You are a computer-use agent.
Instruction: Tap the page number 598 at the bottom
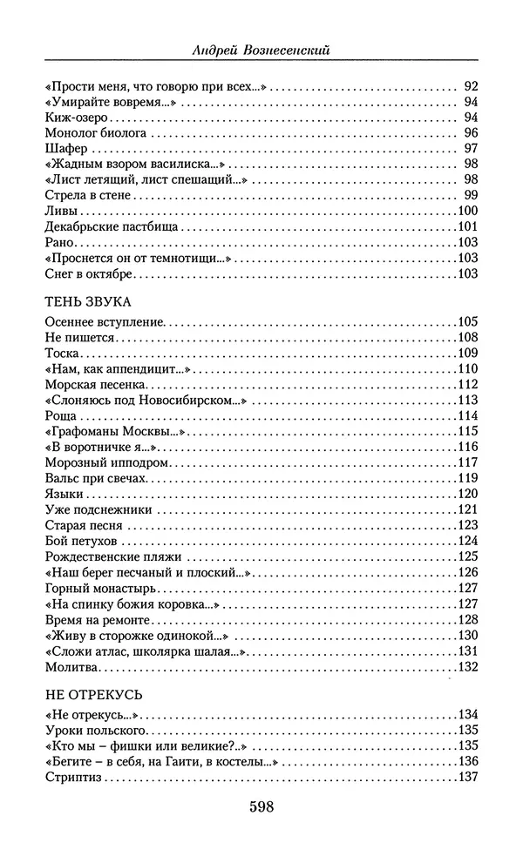[x=261, y=806]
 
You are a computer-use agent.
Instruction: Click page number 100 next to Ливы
[x=468, y=211]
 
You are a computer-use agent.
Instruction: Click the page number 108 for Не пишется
[x=468, y=338]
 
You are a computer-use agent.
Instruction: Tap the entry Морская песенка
[x=91, y=385]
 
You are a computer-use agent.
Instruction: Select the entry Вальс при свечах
[x=97, y=478]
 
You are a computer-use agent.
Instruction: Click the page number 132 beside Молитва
[x=468, y=668]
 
